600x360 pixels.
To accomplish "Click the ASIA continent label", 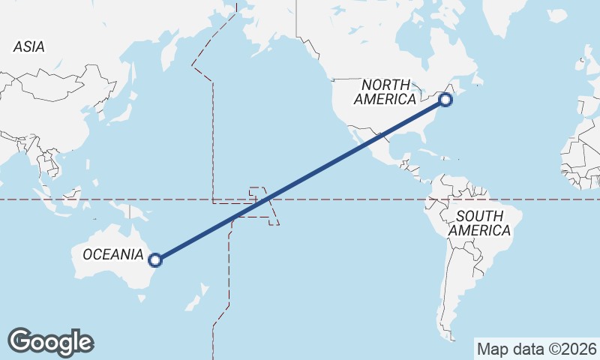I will point(28,46).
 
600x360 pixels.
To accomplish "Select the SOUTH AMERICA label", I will point(479,223).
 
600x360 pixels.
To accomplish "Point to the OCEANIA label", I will point(112,254).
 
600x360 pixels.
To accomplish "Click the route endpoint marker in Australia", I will point(155,260).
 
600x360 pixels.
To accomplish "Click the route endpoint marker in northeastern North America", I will point(445,99).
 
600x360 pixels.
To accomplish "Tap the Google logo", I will point(50,341).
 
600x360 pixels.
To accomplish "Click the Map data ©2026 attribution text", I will point(537,349).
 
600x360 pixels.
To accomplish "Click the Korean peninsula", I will point(94,113).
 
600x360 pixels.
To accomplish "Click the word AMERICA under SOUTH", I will point(480,230).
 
